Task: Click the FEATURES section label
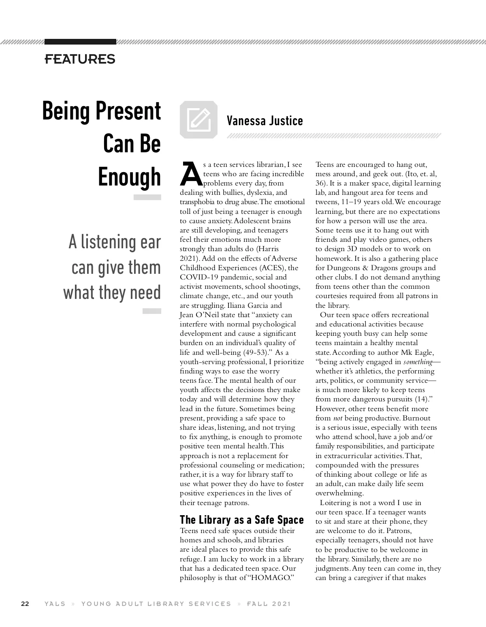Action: tap(80, 59)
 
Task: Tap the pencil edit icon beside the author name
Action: tap(198, 119)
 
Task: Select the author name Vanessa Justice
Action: tap(264, 121)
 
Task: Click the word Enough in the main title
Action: tap(130, 177)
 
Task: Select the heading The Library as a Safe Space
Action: tap(241, 520)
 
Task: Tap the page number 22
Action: tap(25, 604)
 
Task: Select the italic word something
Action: tap(418, 362)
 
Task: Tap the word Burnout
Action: tap(417, 418)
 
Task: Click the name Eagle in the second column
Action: tap(423, 352)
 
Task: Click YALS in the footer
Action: tap(55, 604)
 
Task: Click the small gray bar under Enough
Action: tap(147, 197)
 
